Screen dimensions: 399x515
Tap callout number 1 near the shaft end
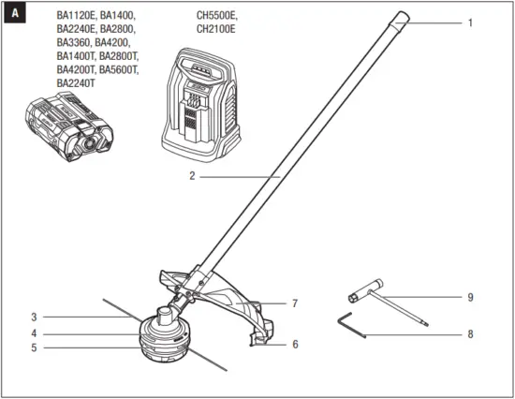(471, 22)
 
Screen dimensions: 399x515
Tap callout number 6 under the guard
(295, 344)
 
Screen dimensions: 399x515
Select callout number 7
(294, 303)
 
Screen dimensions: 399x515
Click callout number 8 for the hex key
(471, 334)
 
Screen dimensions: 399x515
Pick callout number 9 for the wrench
(471, 298)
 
